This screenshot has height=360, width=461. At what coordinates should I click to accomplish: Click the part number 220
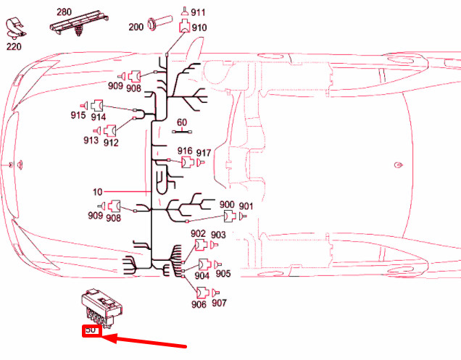[14, 46]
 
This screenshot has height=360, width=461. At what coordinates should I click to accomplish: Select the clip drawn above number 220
[15, 29]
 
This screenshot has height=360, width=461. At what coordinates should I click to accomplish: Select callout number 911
[198, 12]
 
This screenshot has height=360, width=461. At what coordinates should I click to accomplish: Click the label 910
[199, 28]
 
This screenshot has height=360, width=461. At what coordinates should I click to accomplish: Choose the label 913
[90, 141]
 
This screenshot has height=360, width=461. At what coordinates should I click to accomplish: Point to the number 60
[182, 122]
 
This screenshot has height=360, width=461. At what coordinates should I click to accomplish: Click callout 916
[185, 151]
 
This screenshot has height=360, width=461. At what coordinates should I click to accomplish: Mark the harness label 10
[98, 192]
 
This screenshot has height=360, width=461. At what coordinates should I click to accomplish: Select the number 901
[246, 206]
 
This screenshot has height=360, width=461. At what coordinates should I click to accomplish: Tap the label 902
[198, 233]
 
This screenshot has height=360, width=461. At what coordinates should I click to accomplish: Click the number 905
[223, 273]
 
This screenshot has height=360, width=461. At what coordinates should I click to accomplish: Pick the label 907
[219, 304]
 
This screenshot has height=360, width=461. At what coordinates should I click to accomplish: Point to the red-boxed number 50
[91, 330]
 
